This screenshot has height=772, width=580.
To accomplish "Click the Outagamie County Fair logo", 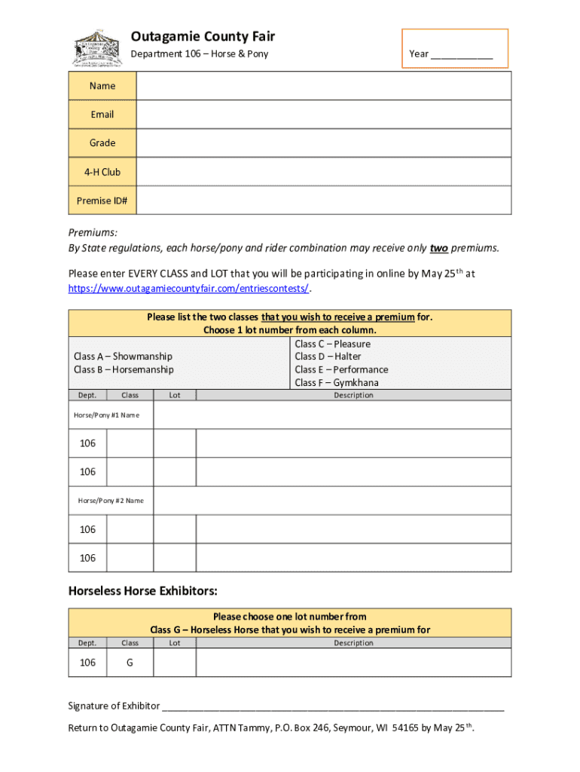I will [x=98, y=48].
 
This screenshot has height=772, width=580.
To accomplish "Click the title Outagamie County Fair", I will [x=203, y=36].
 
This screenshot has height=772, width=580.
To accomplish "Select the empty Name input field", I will [x=323, y=86].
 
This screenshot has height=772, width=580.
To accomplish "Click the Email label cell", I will [x=102, y=115].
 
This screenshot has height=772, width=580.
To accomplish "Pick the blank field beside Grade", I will [x=323, y=143].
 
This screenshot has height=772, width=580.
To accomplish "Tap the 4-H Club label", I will [x=102, y=172].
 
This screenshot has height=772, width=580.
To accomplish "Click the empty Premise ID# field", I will [x=323, y=201].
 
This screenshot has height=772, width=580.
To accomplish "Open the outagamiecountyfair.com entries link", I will [x=188, y=289].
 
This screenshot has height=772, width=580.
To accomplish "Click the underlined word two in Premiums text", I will [x=439, y=248].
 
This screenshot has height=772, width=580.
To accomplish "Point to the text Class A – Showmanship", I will [x=123, y=357].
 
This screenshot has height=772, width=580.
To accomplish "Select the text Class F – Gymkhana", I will [x=337, y=383].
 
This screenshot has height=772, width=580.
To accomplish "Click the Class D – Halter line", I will [x=328, y=357].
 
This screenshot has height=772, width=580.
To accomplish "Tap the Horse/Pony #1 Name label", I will [x=106, y=415].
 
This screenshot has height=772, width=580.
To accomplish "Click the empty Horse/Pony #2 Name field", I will [x=332, y=501].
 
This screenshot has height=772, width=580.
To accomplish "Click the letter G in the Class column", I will [x=130, y=663].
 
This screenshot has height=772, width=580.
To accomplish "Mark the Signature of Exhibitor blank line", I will [x=333, y=707].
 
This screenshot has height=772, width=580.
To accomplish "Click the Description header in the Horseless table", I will [x=353, y=643].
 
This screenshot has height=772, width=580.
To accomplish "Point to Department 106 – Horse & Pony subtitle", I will [x=200, y=54].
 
